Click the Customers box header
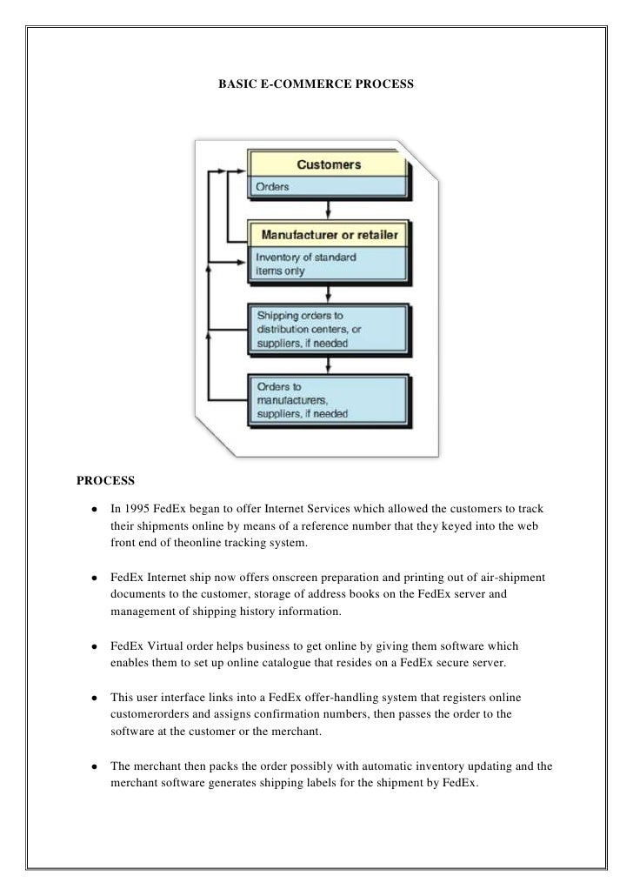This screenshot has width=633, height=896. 329,164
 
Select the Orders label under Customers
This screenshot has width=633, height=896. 272,186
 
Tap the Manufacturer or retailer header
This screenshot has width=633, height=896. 330,235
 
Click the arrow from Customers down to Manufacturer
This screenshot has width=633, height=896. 328,211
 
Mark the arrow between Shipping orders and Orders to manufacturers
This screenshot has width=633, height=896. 328,364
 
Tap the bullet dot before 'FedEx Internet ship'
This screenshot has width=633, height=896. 91,578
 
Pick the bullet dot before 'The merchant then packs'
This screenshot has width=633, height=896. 91,768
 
